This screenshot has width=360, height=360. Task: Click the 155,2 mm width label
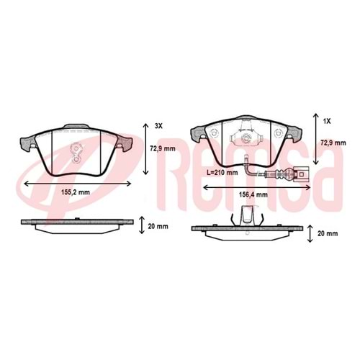pyautogui.click(x=76, y=192)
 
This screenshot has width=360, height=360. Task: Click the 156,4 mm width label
pyautogui.click(x=253, y=194)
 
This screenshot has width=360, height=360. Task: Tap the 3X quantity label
pyautogui.click(x=158, y=126)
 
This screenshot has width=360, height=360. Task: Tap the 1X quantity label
pyautogui.click(x=327, y=122)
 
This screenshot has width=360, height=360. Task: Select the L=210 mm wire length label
pyautogui.click(x=222, y=173)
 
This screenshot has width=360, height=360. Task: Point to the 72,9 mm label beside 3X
pyautogui.click(x=163, y=148)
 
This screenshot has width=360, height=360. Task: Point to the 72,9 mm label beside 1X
pyautogui.click(x=333, y=143)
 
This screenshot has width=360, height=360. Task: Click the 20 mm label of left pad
pyautogui.click(x=158, y=226)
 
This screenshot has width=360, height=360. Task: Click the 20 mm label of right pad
pyautogui.click(x=328, y=233)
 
